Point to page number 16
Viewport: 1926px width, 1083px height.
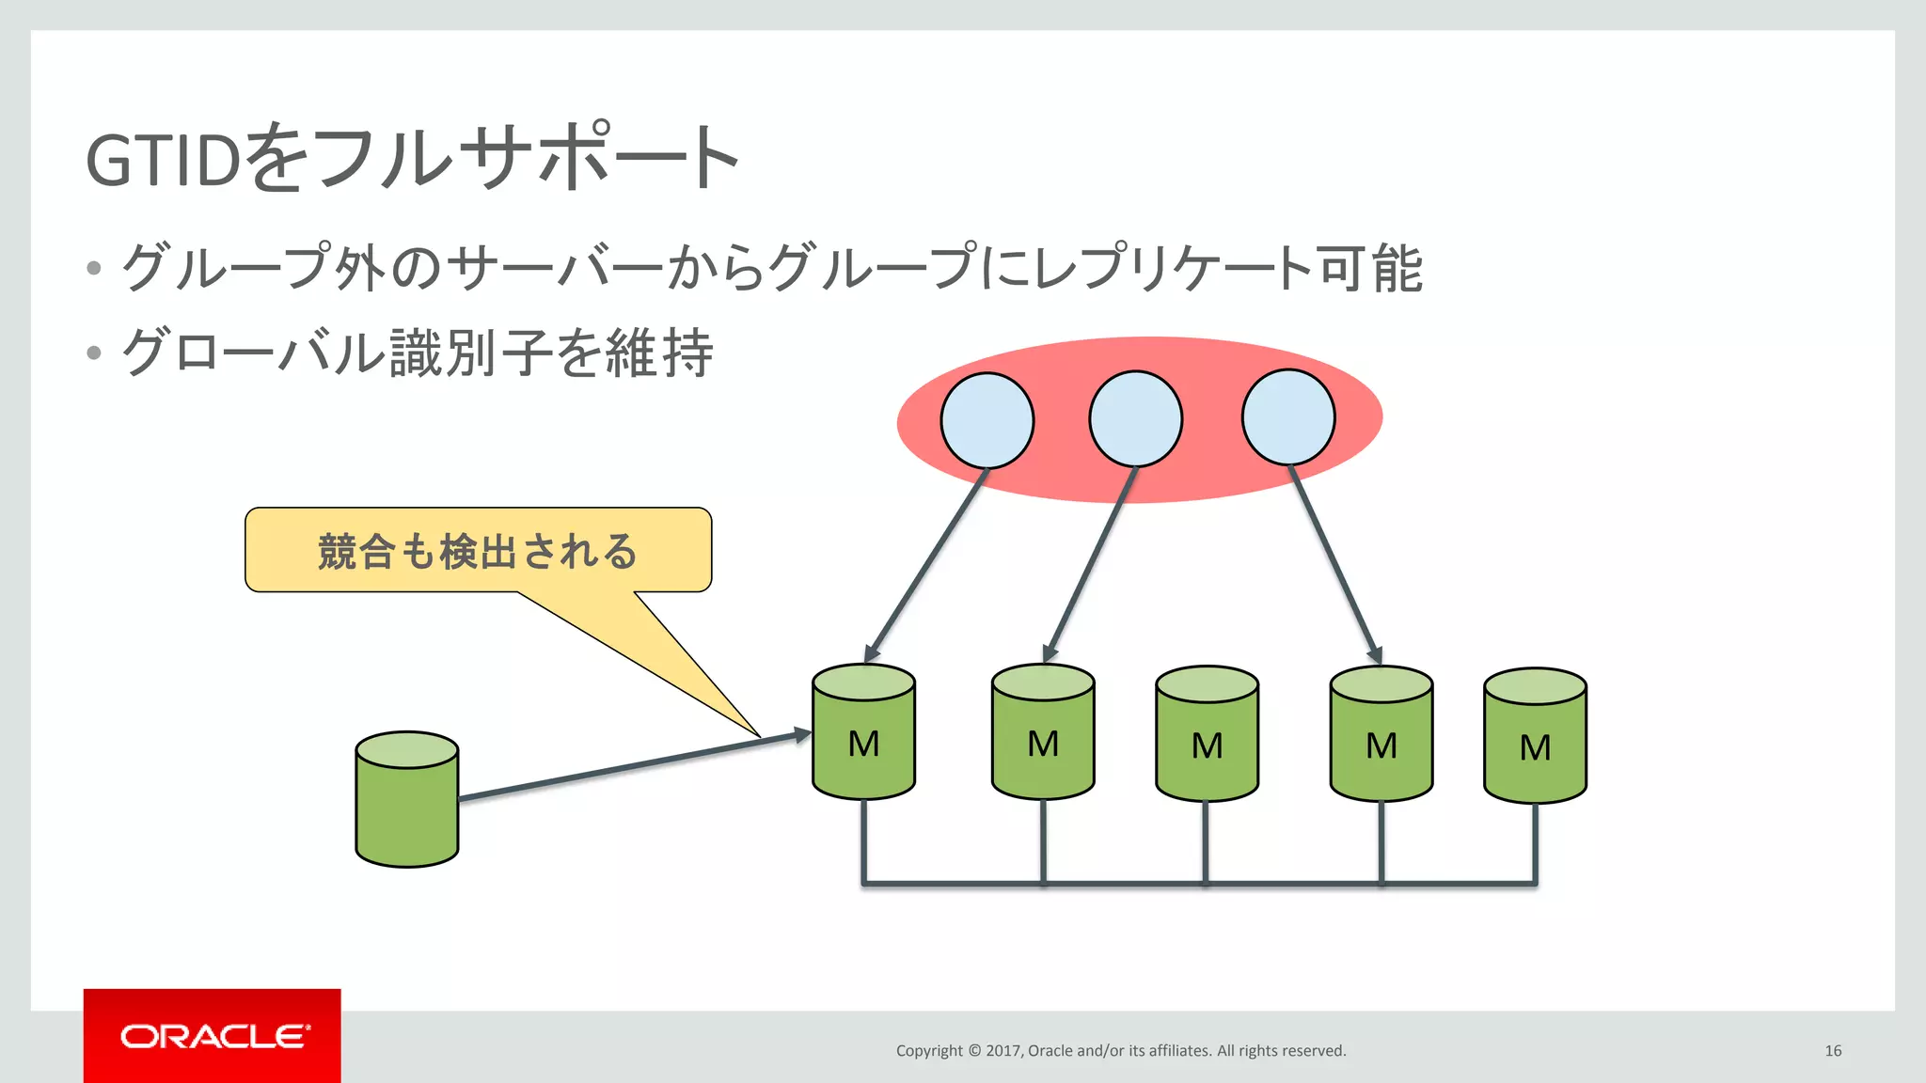(1833, 1050)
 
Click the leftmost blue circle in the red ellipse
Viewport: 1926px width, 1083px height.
(987, 420)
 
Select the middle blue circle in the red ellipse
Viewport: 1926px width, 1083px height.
(1135, 418)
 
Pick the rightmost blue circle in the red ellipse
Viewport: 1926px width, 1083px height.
(1287, 416)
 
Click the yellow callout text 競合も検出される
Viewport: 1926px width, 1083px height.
(478, 551)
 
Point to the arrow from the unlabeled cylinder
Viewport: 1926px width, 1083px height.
(630, 767)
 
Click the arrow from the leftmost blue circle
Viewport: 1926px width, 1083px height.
(926, 564)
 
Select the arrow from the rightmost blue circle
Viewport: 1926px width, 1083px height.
(1334, 564)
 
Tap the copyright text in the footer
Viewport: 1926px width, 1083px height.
(1120, 1050)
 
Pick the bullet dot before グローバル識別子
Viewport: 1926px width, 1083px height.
(93, 353)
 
